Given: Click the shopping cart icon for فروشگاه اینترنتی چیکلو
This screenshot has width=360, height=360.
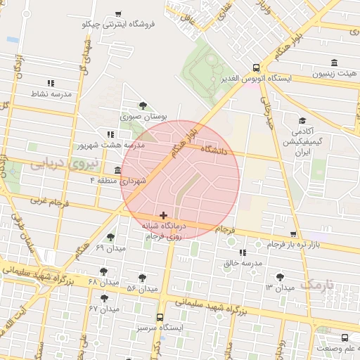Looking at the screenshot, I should click(117, 13).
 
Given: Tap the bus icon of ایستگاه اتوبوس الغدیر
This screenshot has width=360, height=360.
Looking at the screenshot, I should click(255, 68).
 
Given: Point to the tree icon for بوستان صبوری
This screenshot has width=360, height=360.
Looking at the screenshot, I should click(143, 105).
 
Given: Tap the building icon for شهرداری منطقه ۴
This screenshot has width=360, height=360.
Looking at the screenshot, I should click(117, 170).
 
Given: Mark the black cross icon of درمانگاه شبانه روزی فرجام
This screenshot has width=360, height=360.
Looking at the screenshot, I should click(163, 215).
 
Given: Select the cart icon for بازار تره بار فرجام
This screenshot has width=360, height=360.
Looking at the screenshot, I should click(293, 234).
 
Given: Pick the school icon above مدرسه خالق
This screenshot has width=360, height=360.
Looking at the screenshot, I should click(243, 252).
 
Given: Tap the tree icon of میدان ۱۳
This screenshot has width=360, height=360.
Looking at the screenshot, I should click(282, 277).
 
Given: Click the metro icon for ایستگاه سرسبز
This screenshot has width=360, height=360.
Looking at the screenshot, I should click(160, 317).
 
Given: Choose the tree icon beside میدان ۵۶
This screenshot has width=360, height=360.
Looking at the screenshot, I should click(143, 278).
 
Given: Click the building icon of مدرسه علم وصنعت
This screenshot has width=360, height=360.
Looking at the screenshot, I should click(345, 338).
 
